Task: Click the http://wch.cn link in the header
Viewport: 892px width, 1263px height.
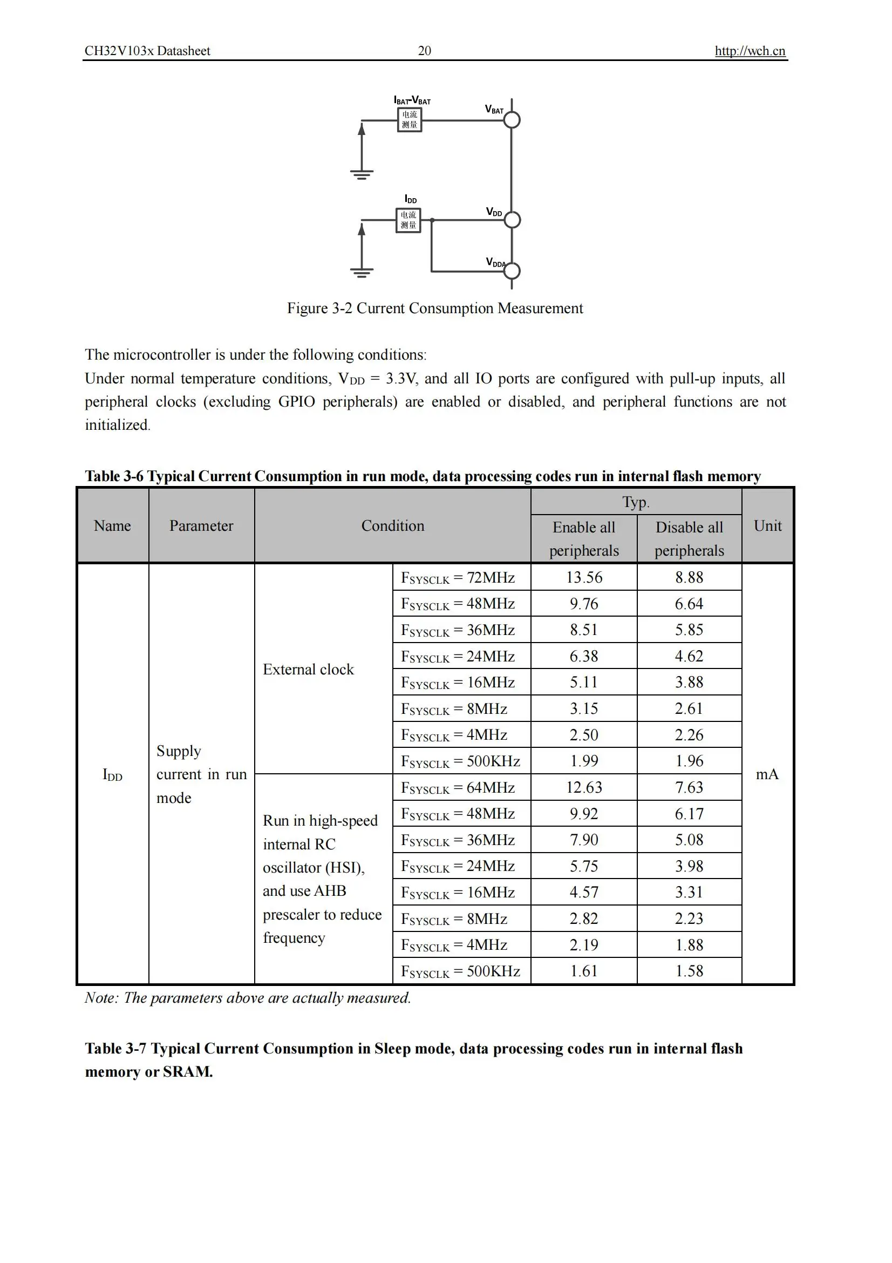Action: [x=749, y=51]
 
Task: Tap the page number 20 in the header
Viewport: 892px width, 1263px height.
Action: [x=424, y=51]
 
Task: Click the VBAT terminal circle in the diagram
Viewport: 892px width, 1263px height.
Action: [x=512, y=120]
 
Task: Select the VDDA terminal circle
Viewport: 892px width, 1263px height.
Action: [x=512, y=271]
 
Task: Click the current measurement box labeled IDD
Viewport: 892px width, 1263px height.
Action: [x=408, y=220]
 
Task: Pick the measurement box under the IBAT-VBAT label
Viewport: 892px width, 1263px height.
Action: [x=410, y=119]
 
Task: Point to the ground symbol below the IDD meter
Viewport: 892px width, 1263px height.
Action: [x=362, y=272]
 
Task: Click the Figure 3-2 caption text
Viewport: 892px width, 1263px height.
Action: [x=435, y=308]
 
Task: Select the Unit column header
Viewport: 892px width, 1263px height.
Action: [x=767, y=526]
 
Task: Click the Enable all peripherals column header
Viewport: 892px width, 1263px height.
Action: [x=584, y=538]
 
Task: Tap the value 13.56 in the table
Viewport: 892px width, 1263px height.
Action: [x=584, y=578]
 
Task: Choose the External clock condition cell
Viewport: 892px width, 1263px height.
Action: [x=308, y=670]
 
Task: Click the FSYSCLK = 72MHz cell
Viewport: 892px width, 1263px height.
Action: [x=458, y=578]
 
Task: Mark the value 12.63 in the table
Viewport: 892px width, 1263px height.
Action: [x=584, y=788]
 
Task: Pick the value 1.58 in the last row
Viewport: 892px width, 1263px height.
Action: [x=689, y=971]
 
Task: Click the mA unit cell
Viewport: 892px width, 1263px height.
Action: [x=767, y=774]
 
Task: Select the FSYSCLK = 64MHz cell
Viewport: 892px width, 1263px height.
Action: [x=458, y=788]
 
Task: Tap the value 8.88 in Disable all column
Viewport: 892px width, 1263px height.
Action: [x=689, y=578]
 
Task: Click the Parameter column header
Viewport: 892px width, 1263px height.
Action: [x=201, y=526]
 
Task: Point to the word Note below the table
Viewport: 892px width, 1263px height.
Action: [x=100, y=998]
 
